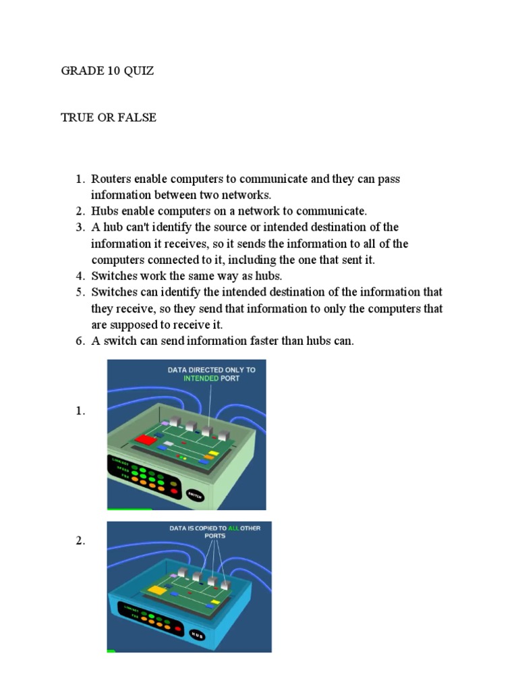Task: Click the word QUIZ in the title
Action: coord(138,71)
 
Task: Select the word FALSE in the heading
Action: coord(138,117)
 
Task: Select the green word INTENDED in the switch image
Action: coord(202,379)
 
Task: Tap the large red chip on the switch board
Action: coord(145,440)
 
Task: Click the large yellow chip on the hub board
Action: coord(156,591)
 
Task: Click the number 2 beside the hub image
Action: coord(80,541)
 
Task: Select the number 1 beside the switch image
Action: coord(80,412)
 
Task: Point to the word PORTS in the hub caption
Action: coord(215,536)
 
